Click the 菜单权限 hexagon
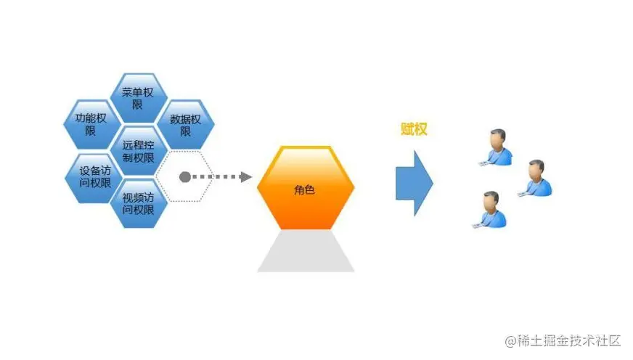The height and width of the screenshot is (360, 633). pos(138,98)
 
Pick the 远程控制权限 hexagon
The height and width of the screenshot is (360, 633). pos(138,151)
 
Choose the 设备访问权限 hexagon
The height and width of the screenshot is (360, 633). pos(90,177)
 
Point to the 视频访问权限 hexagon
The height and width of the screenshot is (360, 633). pos(138,203)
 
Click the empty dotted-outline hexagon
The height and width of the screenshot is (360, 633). pos(186,177)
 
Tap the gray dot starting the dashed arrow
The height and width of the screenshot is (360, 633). pos(184,177)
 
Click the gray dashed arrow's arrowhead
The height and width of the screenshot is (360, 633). pos(245,177)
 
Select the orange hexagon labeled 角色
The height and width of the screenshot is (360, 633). pos(306,187)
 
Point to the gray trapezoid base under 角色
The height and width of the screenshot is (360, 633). pos(306,251)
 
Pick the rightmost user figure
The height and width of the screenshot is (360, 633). pos(536,179)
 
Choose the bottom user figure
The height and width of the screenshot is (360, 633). pos(491,210)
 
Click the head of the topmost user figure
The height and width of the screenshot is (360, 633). pos(498,138)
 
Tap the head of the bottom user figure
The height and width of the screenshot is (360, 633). pos(492,200)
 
